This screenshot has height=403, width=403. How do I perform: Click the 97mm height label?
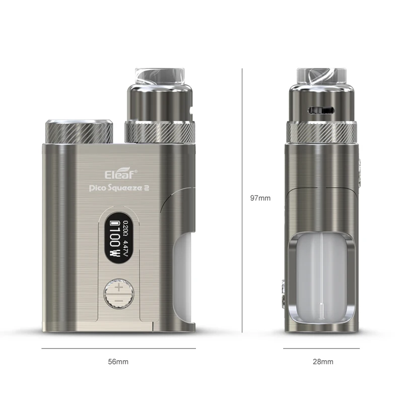tap(260, 198)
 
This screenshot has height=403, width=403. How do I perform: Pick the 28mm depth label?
tap(322, 362)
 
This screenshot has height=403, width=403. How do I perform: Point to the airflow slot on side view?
tap(323, 109)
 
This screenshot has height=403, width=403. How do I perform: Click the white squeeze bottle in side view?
tap(322, 280)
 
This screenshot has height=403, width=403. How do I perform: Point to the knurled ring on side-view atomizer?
tap(322, 133)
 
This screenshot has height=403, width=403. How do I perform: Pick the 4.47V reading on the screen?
tap(125, 246)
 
